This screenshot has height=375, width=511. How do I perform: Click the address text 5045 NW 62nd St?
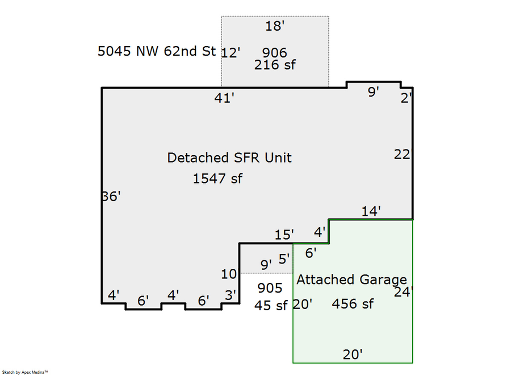pos(157,51)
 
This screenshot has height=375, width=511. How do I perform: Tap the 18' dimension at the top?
pos(274,26)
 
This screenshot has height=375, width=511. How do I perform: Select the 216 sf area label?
pos(275,65)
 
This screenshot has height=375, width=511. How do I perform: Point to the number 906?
pos(275,53)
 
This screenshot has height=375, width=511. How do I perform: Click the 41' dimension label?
pos(224,98)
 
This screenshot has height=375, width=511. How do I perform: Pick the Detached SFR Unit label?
pos(229,157)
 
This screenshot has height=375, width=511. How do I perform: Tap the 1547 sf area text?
pos(217,178)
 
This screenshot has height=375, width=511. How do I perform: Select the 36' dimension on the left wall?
pos(111,196)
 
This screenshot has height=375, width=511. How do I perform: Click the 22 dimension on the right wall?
pos(402,154)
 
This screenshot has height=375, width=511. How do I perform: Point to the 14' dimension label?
pos(371,211)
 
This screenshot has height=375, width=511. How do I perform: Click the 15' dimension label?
pos(284,234)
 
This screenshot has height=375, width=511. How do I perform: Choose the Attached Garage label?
pos(351,280)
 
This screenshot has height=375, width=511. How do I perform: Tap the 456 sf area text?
pos(353,304)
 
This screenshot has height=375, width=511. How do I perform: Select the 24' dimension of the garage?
pos(404,292)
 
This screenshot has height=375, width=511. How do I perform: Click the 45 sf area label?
pos(271,305)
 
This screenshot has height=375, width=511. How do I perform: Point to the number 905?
pos(270,287)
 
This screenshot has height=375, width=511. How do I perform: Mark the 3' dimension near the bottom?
pos(231,295)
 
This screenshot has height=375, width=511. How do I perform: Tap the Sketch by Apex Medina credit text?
pos(25,372)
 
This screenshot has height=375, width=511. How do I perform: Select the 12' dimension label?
pos(231,53)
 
